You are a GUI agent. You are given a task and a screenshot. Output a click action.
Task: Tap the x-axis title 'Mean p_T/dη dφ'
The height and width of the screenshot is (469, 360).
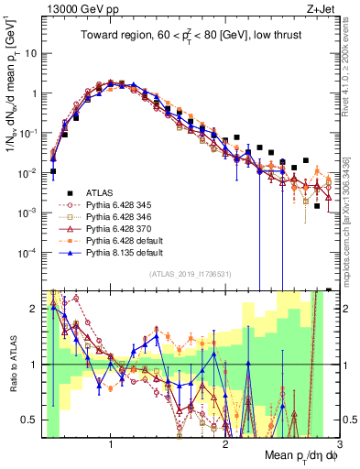[292, 455]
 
